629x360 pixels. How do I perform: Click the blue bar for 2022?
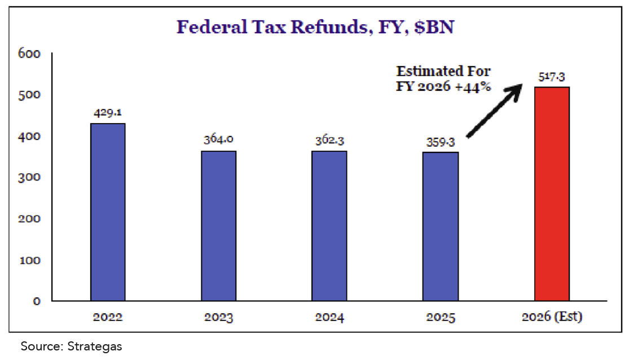point(108,212)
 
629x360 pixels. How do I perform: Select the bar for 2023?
point(219,226)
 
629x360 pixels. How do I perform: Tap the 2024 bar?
point(329,226)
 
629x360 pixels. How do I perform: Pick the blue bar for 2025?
point(441,226)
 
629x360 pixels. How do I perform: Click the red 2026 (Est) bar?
point(552,194)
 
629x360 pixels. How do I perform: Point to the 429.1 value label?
point(108,113)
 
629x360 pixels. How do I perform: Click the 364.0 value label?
point(218,140)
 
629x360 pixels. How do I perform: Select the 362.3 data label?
point(329,140)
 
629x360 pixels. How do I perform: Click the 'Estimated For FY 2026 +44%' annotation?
point(444,80)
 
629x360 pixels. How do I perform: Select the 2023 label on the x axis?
point(219,317)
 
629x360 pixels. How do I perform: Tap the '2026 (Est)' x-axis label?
point(551,317)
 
